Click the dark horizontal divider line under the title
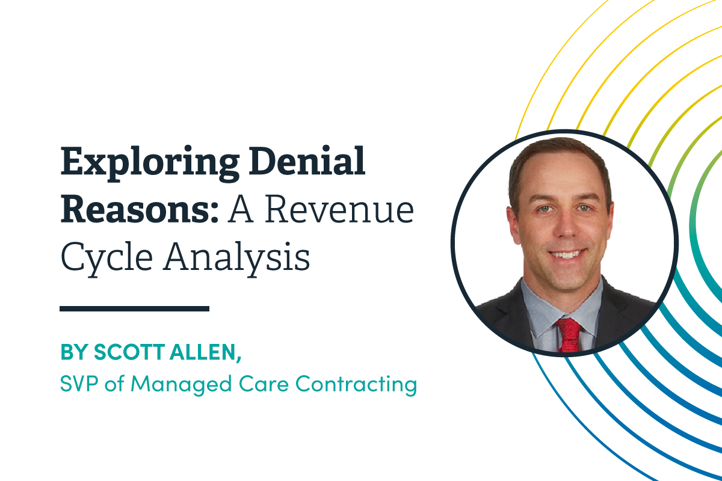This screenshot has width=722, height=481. point(134,308)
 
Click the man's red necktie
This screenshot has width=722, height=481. point(568,334)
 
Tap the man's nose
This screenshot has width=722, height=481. point(563,225)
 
